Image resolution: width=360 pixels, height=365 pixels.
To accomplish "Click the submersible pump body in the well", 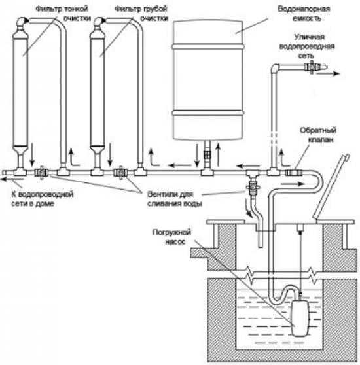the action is [x=300, y=318].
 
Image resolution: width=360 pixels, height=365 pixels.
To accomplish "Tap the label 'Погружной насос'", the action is [x=172, y=237].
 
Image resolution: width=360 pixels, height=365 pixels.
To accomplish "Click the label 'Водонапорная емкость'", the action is [x=304, y=14].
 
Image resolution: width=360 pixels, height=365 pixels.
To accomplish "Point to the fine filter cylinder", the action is [x=20, y=91].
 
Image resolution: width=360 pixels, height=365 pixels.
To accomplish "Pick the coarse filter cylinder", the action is [x=98, y=91].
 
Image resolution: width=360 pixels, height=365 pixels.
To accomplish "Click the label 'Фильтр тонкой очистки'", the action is [x=63, y=14].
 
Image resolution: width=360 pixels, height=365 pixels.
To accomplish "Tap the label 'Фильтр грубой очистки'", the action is [x=141, y=14].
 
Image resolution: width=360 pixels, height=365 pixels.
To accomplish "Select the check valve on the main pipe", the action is [x=294, y=173].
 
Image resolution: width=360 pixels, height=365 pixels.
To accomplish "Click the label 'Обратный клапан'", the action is [x=318, y=135].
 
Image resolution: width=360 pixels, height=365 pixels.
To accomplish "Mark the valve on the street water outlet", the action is [x=311, y=67].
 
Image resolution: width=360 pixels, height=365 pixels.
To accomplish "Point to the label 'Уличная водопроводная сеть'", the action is [x=307, y=46].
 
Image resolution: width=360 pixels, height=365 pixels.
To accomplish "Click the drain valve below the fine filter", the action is [x=41, y=173].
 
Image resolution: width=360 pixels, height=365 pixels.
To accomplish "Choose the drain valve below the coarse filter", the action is [x=120, y=173].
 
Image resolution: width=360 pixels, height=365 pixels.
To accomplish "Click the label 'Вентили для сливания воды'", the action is [x=174, y=199].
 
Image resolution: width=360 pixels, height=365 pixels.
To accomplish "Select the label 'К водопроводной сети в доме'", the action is [x=42, y=199].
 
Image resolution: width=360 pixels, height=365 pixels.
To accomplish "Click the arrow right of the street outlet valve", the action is [x=329, y=73].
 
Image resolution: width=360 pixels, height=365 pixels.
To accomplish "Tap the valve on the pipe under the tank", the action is [x=207, y=154].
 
